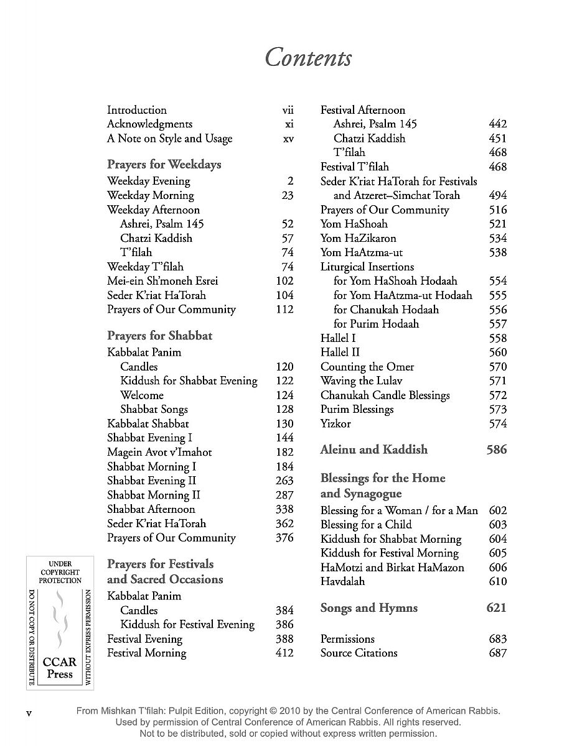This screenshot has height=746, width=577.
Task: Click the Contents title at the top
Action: (x=308, y=57)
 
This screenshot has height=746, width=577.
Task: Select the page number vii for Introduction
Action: (x=288, y=110)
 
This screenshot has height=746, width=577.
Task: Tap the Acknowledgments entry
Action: (x=149, y=124)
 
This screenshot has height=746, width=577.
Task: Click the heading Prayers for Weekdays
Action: (x=164, y=165)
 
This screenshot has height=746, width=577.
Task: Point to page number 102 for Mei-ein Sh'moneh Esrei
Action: (x=284, y=281)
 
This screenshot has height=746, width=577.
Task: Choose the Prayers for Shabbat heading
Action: (x=159, y=336)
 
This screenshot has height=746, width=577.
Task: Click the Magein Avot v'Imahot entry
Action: (x=159, y=453)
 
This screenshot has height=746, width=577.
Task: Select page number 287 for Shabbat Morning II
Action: (x=284, y=495)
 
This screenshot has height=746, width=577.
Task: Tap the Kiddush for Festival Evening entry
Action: (x=187, y=625)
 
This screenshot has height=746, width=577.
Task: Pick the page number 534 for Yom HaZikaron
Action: (x=498, y=238)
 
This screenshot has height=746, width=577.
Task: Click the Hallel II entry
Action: (x=340, y=352)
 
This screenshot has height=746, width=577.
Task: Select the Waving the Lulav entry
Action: (x=361, y=381)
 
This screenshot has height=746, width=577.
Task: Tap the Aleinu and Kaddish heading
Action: (x=373, y=449)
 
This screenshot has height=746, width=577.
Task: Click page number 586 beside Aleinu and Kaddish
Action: (x=497, y=449)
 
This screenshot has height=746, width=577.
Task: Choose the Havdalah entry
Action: (x=342, y=582)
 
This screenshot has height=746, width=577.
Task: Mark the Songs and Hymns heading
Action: (x=368, y=608)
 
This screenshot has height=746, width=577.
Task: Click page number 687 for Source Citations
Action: (x=498, y=653)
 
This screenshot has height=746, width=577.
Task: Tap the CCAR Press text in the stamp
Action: (x=60, y=669)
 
